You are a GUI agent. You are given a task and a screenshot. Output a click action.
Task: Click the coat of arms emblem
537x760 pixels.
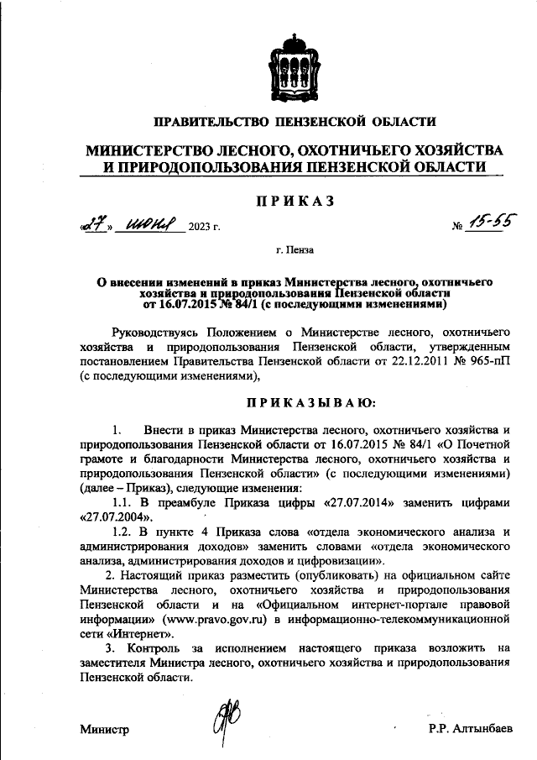point(292,64)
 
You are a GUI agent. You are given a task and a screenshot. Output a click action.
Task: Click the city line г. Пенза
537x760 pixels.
point(293,249)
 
